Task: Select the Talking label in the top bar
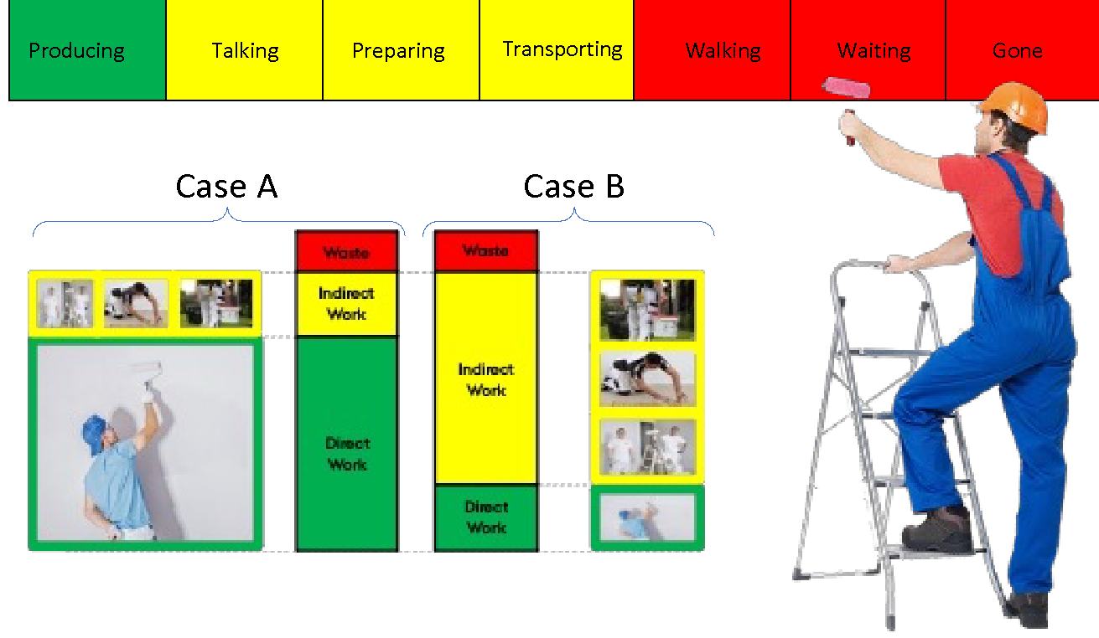coord(245,50)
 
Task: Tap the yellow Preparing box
coord(399,50)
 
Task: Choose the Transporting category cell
coord(562,49)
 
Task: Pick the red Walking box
coord(723,50)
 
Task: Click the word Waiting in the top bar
coord(873,51)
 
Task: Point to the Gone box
coord(1018,50)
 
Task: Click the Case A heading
coord(226,186)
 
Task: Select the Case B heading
coord(574,186)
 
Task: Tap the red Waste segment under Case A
coord(346,251)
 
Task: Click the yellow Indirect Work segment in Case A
coord(346,304)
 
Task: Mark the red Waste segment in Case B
coord(486,251)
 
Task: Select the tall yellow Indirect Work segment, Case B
coord(486,378)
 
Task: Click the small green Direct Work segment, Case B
coord(486,517)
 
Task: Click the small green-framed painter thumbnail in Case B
coord(647,517)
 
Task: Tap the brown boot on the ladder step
coord(937,529)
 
